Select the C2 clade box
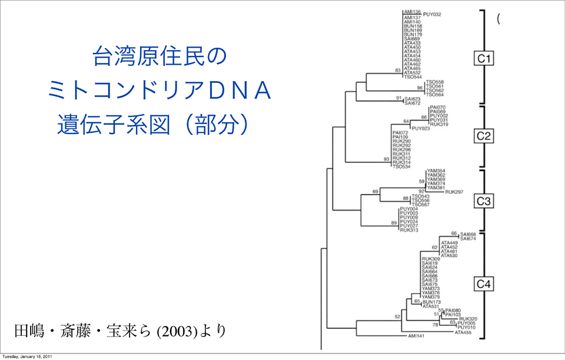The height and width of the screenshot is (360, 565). [x=484, y=136]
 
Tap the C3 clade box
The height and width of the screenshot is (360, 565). [x=484, y=202]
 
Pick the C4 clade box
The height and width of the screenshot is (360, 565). [x=484, y=285]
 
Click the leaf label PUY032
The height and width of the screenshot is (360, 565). [x=432, y=14]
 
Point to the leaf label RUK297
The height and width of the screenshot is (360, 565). [x=454, y=192]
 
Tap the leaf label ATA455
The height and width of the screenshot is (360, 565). [x=463, y=332]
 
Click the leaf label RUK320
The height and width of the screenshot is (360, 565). [x=468, y=319]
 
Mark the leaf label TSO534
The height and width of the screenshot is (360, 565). [x=401, y=166]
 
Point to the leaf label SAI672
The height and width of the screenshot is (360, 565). [x=413, y=103]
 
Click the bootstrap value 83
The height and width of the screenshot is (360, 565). [x=398, y=70]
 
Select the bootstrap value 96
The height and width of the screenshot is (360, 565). [x=420, y=87]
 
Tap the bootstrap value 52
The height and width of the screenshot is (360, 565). [x=397, y=316]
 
